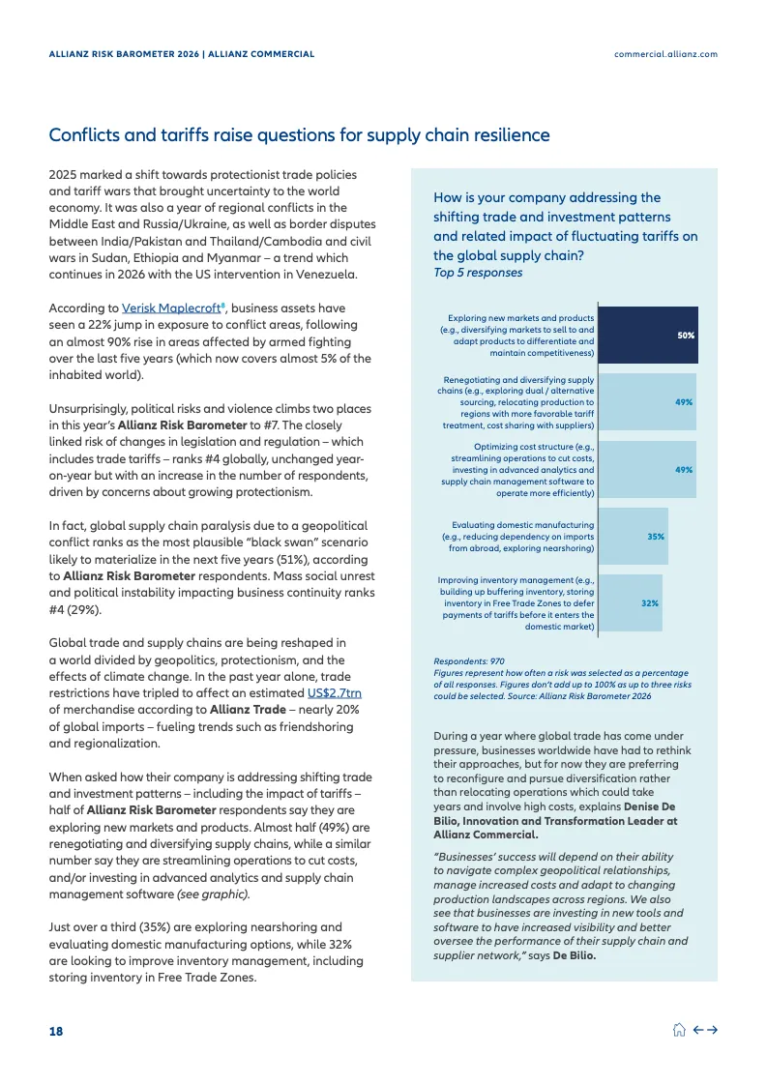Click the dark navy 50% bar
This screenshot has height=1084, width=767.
647,335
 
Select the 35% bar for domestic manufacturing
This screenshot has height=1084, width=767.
633,535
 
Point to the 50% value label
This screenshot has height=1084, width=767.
686,335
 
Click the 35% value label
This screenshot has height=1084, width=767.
656,535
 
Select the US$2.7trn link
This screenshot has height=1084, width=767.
335,693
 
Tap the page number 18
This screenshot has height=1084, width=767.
56,1032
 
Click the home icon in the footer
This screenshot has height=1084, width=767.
679,1031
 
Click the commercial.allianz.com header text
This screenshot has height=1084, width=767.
665,54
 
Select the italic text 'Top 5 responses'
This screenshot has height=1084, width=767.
478,273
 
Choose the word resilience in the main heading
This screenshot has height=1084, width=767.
510,134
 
